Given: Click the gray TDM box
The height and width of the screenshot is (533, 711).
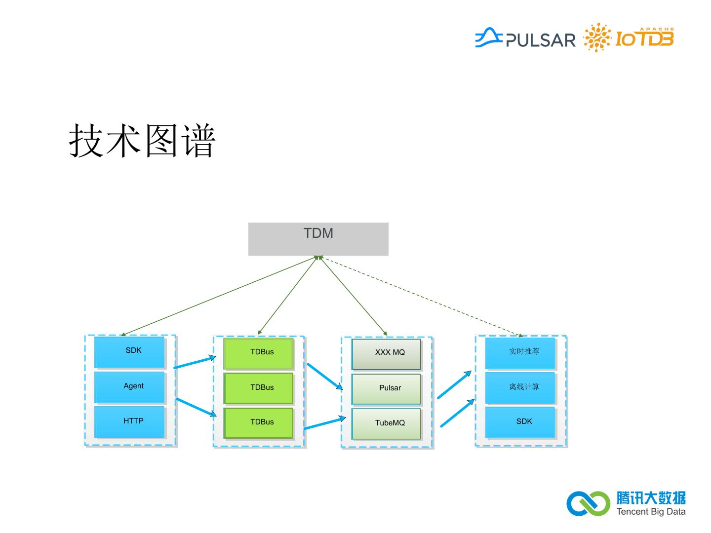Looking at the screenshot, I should [x=318, y=239].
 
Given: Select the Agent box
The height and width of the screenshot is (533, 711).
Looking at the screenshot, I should [x=129, y=387].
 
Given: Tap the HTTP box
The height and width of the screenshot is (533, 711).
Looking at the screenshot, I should [x=129, y=421].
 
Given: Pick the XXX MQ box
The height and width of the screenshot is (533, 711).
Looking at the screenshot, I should [x=386, y=353].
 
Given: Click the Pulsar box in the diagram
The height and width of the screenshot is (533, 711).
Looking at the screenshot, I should [x=386, y=388].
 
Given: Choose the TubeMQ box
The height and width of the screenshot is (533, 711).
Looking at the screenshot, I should [x=386, y=423].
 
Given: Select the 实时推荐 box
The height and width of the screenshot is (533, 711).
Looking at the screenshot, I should [x=520, y=352].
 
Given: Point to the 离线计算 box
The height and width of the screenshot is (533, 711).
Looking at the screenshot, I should [x=520, y=387].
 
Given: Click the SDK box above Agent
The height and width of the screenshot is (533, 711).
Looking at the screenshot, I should [x=129, y=351].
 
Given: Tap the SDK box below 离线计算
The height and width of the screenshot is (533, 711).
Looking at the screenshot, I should [x=520, y=422].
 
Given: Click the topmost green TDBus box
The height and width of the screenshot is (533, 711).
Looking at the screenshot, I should [x=259, y=353].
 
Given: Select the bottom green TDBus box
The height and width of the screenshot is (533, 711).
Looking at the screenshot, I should [x=259, y=422].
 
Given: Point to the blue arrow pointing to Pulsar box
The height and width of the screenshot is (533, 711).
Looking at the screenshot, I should [x=324, y=377].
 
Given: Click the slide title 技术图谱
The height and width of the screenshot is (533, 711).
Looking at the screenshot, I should [x=143, y=141].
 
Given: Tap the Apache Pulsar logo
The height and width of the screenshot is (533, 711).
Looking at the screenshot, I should [x=525, y=38].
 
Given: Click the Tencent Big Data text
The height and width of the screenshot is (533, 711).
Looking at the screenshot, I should [x=650, y=512].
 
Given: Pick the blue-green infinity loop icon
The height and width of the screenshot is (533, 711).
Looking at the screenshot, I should [x=588, y=503].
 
